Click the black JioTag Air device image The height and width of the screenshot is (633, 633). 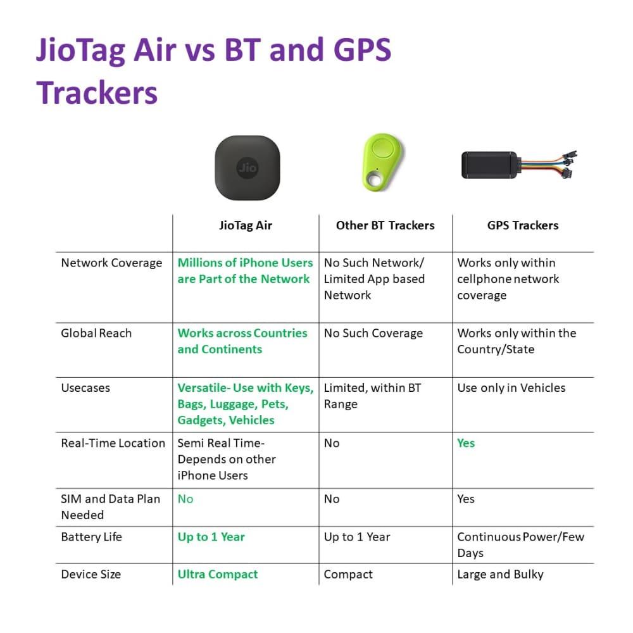click(247, 168)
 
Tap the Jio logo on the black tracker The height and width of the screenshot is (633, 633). click(247, 168)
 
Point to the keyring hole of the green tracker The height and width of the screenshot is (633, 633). click(375, 179)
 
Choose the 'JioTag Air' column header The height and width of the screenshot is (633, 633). click(246, 225)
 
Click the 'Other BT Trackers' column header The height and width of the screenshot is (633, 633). click(385, 225)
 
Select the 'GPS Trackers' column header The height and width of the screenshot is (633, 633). click(523, 225)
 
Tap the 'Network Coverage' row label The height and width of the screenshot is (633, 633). click(111, 263)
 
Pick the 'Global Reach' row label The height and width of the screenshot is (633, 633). click(96, 333)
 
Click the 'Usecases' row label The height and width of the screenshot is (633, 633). click(85, 388)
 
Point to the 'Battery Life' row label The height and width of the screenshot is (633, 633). click(91, 537)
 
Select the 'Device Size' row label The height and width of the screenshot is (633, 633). click(91, 575)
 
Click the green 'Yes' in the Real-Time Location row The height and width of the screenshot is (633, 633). click(466, 443)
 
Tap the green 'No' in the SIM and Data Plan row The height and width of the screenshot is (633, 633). click(185, 499)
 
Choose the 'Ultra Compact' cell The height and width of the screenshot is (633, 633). click(218, 575)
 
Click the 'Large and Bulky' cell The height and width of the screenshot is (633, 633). click(500, 575)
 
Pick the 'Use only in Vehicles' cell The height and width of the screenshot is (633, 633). click(511, 388)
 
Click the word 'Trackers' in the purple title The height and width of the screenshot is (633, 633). click(97, 93)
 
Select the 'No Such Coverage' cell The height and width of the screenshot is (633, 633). click(373, 333)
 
